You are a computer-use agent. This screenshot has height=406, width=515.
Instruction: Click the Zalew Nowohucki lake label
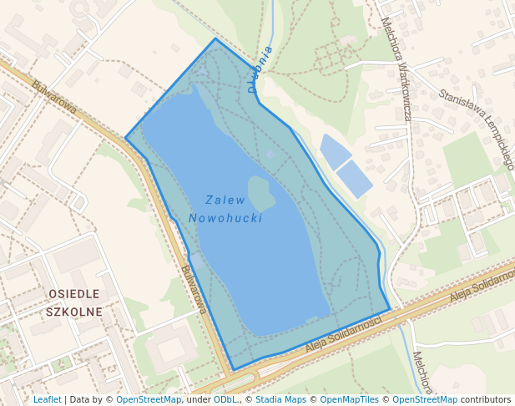pyautogui.click(x=225, y=209)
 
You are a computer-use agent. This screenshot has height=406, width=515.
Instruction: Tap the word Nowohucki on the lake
pyautogui.click(x=225, y=218)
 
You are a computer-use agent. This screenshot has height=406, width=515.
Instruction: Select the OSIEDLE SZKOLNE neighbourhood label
pyautogui.click(x=75, y=303)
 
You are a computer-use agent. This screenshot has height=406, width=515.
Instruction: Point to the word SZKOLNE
pyautogui.click(x=75, y=312)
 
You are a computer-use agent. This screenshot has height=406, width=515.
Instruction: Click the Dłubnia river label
pyautogui.click(x=260, y=69)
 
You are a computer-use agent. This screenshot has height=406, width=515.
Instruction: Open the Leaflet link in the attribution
pyautogui.click(x=47, y=399)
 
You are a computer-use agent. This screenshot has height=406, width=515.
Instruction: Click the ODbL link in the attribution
pyautogui.click(x=225, y=399)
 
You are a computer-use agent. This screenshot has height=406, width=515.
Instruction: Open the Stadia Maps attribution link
pyautogui.click(x=280, y=399)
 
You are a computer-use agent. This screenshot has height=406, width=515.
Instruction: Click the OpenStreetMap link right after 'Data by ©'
pyautogui.click(x=149, y=399)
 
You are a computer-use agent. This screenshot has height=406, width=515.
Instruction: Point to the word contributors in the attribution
pyautogui.click(x=486, y=399)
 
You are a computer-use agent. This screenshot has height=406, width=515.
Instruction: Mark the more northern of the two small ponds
pyautogui.click(x=335, y=151)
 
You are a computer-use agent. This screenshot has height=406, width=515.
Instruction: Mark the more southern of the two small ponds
pyautogui.click(x=354, y=179)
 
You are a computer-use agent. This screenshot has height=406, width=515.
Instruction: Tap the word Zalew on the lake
pyautogui.click(x=225, y=200)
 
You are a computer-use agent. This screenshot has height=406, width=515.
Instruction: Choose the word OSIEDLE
pyautogui.click(x=74, y=294)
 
